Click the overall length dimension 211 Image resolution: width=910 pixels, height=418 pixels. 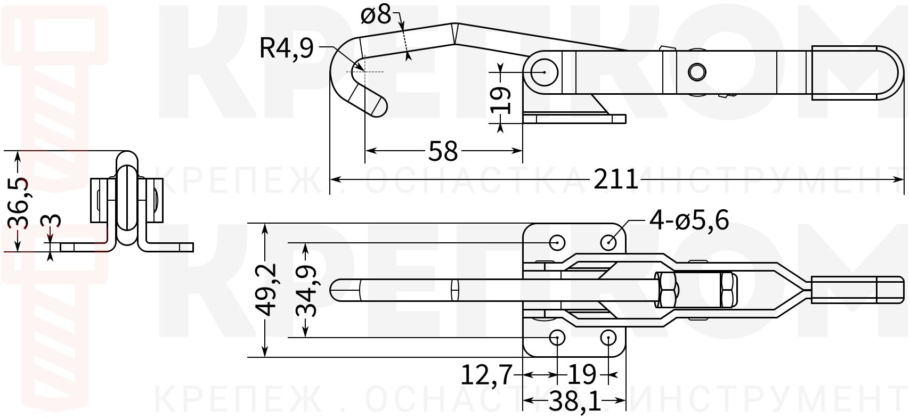click(x=615, y=180)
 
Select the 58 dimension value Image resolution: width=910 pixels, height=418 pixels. click(x=443, y=151)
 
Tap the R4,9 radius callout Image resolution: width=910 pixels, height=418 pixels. click(x=286, y=48)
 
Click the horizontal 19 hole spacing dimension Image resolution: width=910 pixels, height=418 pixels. click(x=582, y=375)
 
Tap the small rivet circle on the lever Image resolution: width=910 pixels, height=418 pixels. click(x=696, y=71)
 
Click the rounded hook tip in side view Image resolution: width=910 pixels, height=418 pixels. click(x=377, y=105)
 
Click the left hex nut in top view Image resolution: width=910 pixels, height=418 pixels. click(x=667, y=290)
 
